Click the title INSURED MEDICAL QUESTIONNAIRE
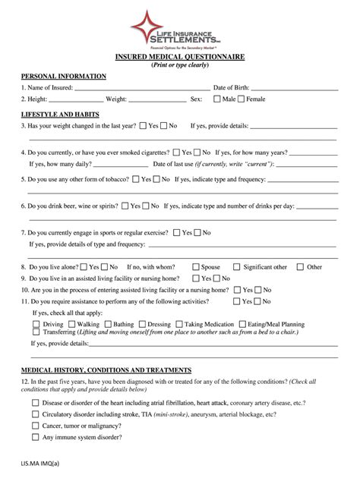tap(179, 55)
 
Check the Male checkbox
tap(218, 99)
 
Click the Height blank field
tap(76, 99)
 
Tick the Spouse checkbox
tap(196, 267)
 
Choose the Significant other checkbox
tap(237, 267)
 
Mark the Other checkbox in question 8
tap(301, 267)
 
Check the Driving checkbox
tap(37, 324)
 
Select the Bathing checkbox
tap(109, 324)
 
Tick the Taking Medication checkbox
tap(179, 324)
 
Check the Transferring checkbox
tap(37, 332)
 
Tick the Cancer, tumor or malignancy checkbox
tap(36, 426)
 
